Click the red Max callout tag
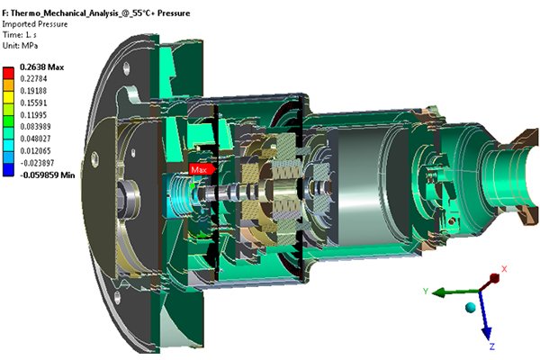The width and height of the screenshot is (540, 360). click(202, 169)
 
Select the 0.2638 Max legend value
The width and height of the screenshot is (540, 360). click(42, 67)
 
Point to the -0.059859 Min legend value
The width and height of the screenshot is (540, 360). click(48, 175)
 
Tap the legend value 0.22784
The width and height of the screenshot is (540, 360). click(33, 79)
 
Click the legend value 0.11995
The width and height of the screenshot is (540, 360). click(33, 115)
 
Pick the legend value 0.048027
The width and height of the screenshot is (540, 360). click(35, 139)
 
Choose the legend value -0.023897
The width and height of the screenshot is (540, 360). click(37, 163)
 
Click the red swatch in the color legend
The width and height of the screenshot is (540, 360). click(8, 74)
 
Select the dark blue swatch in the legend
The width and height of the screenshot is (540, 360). click(8, 170)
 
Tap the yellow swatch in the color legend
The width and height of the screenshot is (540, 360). click(8, 97)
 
